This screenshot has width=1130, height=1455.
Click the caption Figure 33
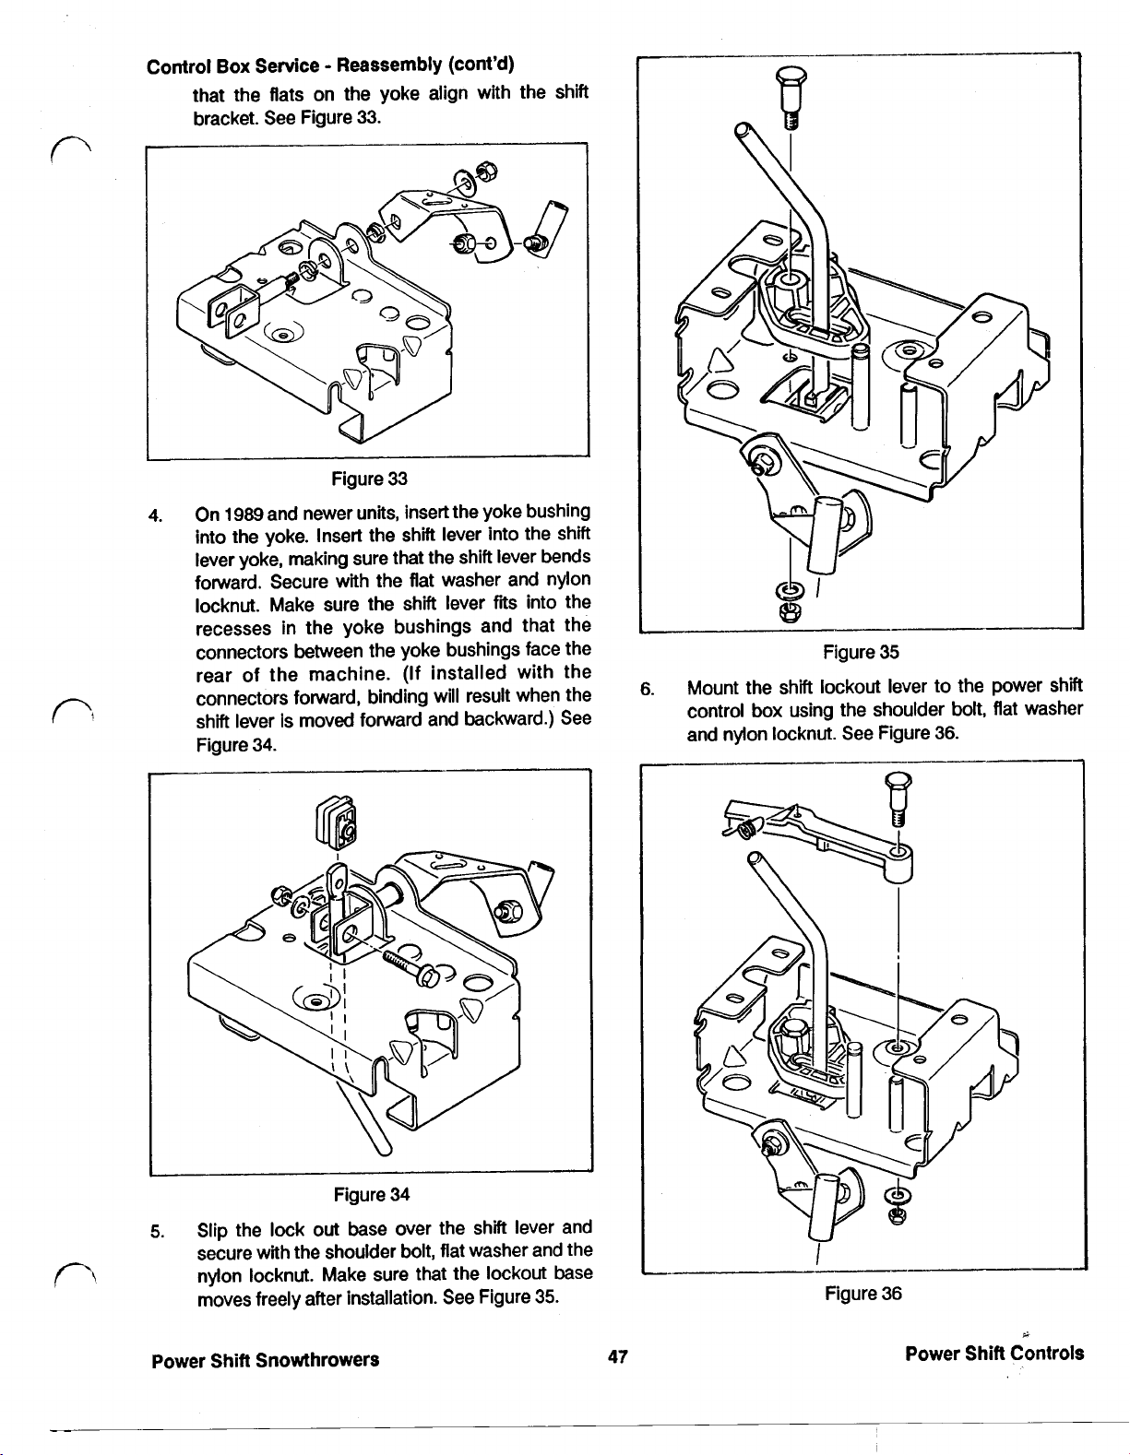pos(369,479)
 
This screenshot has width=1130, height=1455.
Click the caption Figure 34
pos(371,1195)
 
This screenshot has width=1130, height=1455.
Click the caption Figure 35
pos(861,653)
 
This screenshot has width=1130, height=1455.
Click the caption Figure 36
pos(862,1294)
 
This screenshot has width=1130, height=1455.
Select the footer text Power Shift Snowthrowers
pos(266,1359)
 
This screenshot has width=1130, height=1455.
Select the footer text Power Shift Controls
pos(994,1354)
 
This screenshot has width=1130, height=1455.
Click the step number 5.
pos(158,1230)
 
